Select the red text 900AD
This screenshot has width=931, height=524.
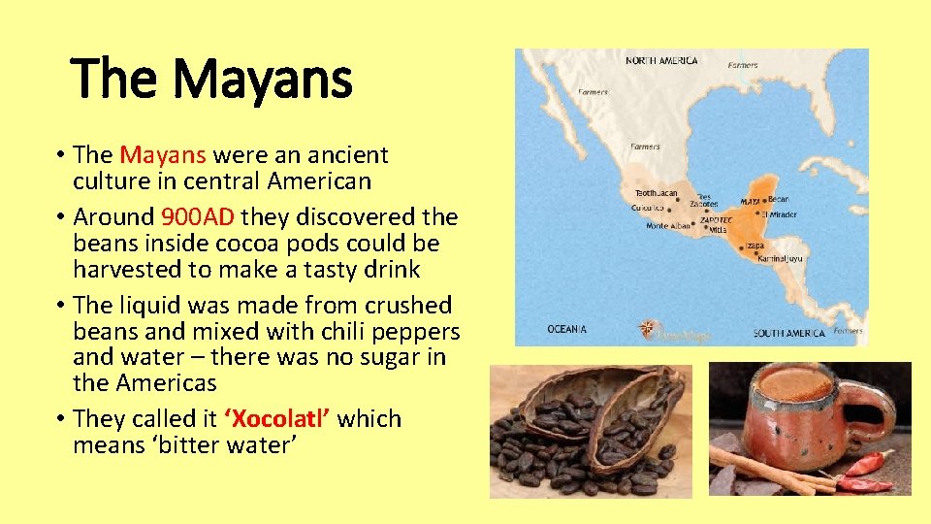tap(199, 216)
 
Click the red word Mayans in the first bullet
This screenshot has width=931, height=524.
tap(163, 154)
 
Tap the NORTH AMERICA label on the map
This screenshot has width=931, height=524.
tap(661, 61)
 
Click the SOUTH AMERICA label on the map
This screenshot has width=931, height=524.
tap(789, 334)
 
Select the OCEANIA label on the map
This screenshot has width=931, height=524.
tap(566, 330)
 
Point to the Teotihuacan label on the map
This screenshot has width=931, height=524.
tap(658, 193)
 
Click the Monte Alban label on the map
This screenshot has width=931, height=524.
tap(668, 226)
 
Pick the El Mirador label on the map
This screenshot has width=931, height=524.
tap(779, 213)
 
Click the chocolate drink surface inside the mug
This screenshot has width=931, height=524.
tap(796, 383)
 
